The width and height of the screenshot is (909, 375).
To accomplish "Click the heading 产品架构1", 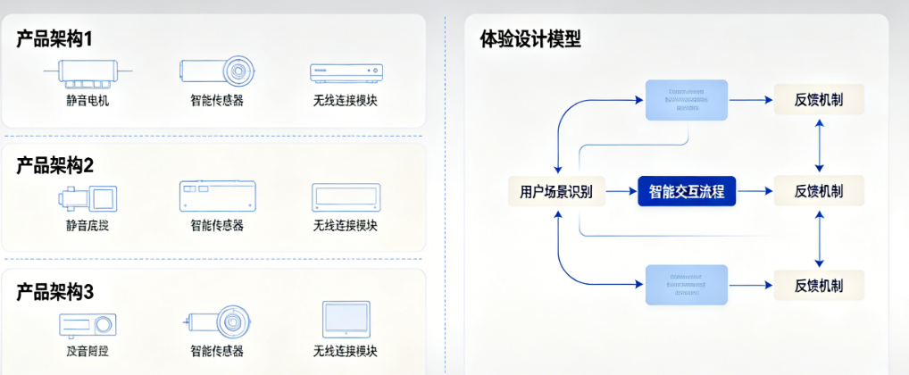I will pos(54,38).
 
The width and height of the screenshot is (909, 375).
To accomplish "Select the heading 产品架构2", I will pos(54,164).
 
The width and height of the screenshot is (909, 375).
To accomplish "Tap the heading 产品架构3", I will pos(54,291).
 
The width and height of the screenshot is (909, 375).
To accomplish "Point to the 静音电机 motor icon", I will pos(87,71).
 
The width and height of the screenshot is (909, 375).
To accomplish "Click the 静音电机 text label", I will pos(88,100).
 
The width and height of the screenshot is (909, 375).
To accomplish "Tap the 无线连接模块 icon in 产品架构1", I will pos(346,72).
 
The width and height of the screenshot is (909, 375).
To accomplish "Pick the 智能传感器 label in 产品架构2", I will pos(217,225).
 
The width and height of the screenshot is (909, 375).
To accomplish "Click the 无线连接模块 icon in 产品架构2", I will pos(346,197).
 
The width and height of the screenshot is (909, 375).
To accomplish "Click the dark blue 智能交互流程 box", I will pos(686,190).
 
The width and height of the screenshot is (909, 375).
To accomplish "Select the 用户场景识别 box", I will pos(556,190).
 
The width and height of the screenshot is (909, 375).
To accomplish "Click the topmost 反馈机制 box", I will pos(819,99).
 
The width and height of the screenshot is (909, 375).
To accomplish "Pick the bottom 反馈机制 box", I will pos(819,286).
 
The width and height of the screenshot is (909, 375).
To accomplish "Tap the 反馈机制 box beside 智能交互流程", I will pos(819,190).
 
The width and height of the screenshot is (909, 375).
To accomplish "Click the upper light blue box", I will pos(686,99).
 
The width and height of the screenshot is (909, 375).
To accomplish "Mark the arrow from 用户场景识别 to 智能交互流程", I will pos(621,190).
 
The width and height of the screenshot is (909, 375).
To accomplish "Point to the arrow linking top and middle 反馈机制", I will pos(819,145).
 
